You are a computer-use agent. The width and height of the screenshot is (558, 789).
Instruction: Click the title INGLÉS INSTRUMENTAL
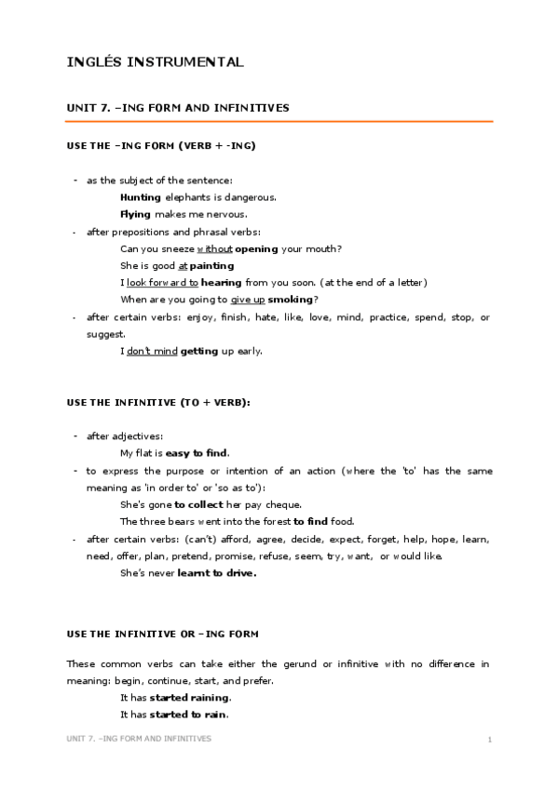156,62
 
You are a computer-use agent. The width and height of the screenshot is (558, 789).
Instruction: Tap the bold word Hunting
141,197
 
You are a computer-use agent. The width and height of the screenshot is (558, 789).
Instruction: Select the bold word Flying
136,214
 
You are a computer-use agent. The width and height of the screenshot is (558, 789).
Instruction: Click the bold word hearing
222,282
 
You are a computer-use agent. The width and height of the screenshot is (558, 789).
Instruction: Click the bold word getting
198,351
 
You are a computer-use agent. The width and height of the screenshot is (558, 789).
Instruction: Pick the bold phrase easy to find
197,453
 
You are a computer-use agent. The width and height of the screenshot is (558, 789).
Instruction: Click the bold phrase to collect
198,504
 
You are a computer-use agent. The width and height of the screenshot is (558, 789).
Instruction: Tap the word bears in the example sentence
174,521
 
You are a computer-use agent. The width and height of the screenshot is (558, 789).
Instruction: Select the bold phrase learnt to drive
215,573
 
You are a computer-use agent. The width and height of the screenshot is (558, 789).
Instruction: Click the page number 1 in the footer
489,739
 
